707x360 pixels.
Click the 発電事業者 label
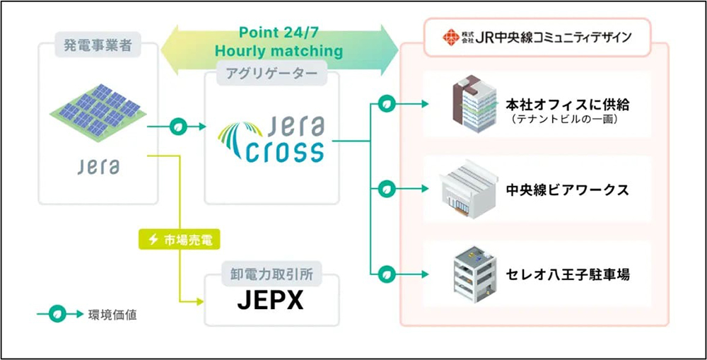tap(97, 49)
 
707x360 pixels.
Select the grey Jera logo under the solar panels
tap(97, 167)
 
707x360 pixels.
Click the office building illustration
tap(475, 105)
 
